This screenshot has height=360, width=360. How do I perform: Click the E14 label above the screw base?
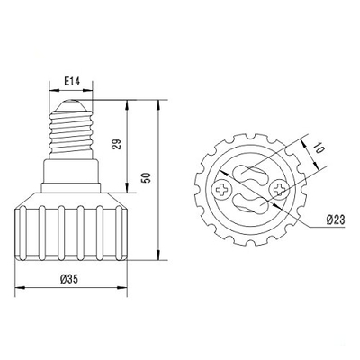pyautogui.click(x=72, y=81)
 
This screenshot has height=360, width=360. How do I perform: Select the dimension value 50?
pyautogui.click(x=147, y=178)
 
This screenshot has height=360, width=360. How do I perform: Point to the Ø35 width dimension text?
pyautogui.click(x=69, y=279)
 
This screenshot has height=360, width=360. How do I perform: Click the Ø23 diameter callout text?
pyautogui.click(x=336, y=220)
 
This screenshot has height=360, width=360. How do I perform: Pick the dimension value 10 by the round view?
pyautogui.click(x=319, y=148)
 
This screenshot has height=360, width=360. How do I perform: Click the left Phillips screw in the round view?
pyautogui.click(x=222, y=190)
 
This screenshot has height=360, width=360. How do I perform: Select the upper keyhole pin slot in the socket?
pyautogui.click(x=248, y=175)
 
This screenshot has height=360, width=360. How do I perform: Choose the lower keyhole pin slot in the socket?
pyautogui.click(x=250, y=203)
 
